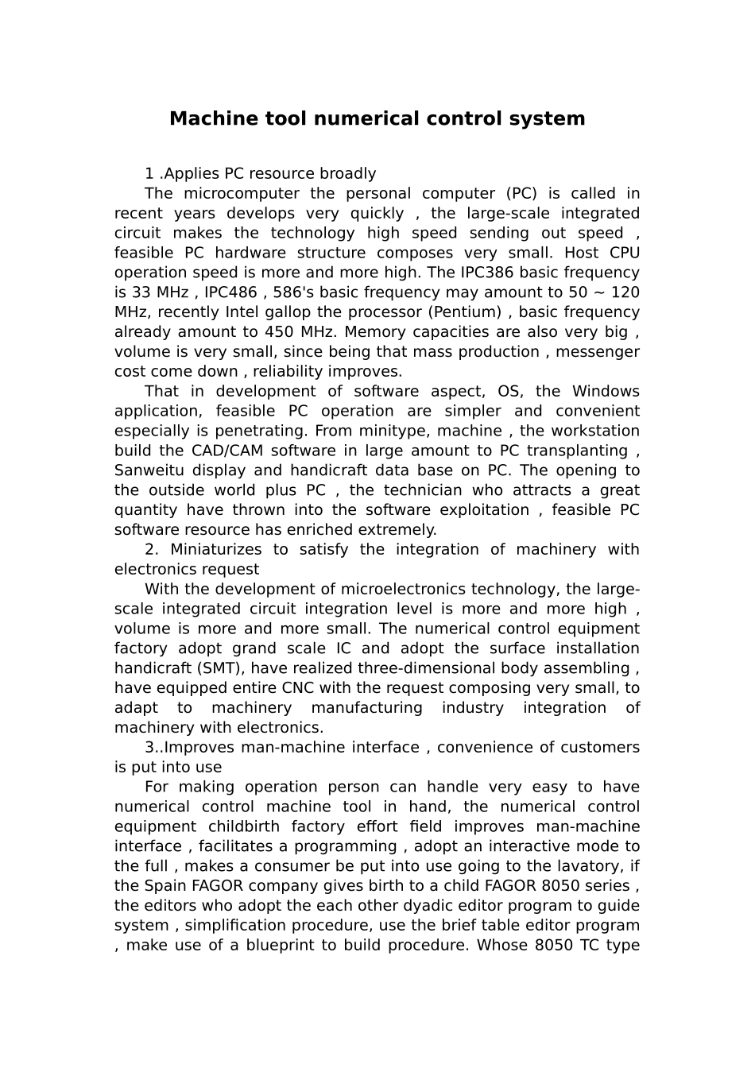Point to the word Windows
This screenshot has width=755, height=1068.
point(606,391)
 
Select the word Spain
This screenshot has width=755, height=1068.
point(165,886)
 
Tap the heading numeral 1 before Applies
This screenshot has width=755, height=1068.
point(149,174)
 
